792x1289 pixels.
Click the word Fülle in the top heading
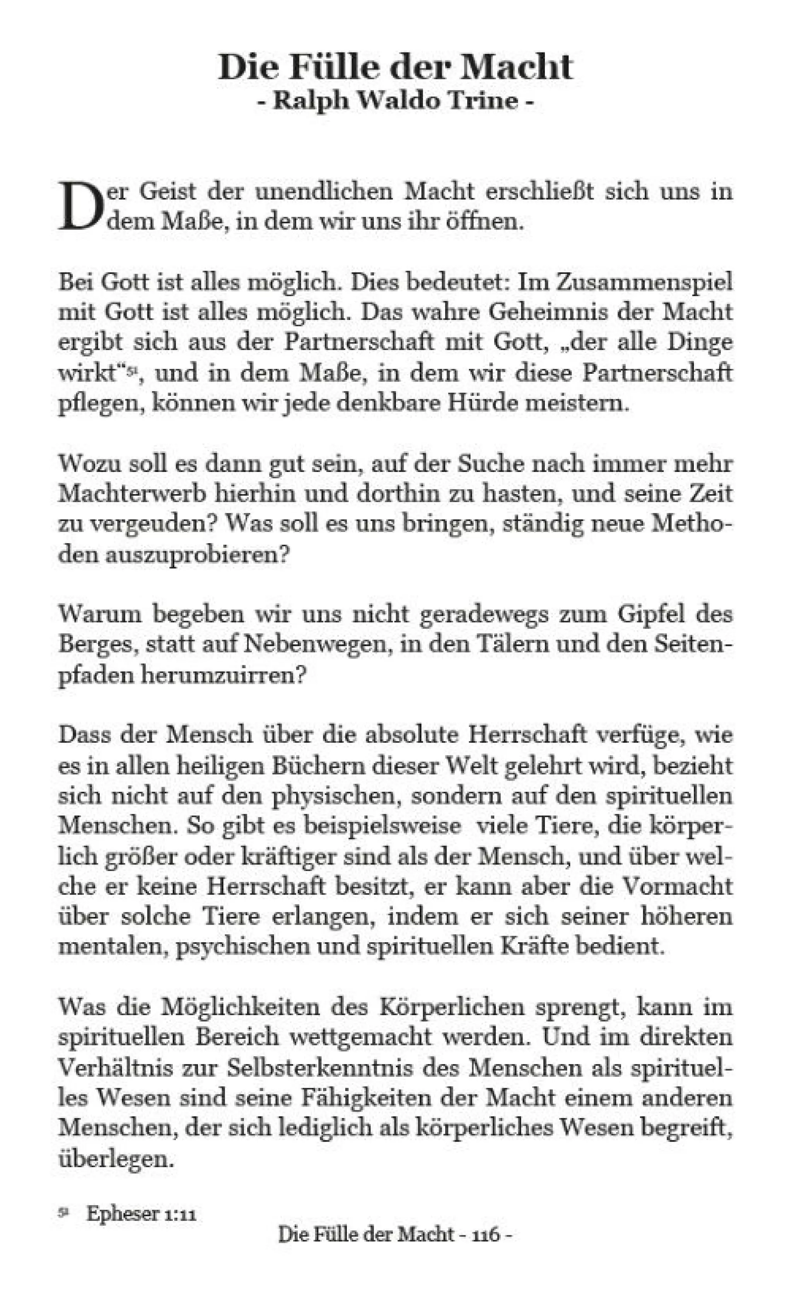pyautogui.click(x=335, y=68)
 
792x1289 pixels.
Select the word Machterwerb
pyautogui.click(x=132, y=494)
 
